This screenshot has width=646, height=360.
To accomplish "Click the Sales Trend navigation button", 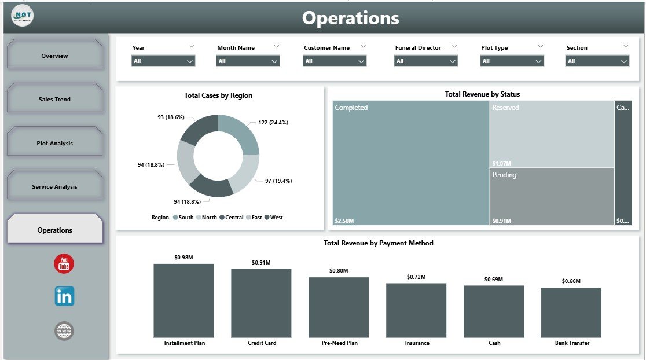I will coord(54,99).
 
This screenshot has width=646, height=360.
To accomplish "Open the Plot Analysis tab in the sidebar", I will coord(54,143).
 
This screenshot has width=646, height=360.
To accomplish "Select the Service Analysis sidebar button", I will coord(54,186).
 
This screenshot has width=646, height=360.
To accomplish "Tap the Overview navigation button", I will coord(54,56).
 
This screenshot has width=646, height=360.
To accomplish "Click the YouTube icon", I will coord(64,264).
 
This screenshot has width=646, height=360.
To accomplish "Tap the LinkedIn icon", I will coord(64,296).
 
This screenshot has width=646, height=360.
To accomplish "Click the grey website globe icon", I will coord(64,331).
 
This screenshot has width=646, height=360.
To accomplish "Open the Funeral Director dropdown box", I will coord(425,61).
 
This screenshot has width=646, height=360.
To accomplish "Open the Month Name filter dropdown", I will coord(248,61).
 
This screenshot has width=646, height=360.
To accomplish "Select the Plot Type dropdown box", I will coord(512,61).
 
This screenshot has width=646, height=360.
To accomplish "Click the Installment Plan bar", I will coord(183,300).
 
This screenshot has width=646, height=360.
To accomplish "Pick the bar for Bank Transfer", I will coord(571,313).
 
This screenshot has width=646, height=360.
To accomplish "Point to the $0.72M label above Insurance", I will coord(416,277).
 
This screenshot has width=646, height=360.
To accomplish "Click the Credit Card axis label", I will coord(262,343).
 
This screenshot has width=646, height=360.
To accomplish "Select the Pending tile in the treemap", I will coord(551,197).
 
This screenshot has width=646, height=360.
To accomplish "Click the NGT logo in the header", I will coord(22,15).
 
